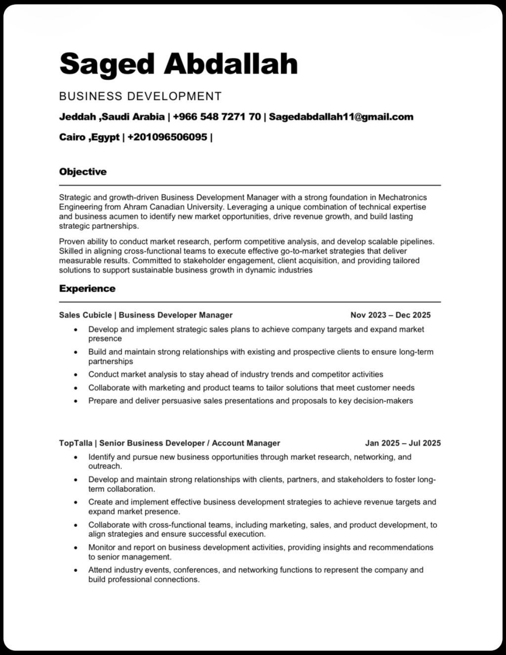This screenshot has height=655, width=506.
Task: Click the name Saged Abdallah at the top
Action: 178,64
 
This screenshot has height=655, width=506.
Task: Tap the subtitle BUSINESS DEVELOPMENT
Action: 140,96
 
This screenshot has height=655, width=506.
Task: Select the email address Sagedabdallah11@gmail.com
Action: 341,117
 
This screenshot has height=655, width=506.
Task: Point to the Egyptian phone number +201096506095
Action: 167,137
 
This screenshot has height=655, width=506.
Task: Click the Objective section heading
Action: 83,172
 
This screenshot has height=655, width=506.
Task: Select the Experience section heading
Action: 87,289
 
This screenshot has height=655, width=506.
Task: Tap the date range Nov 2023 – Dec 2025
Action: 390,315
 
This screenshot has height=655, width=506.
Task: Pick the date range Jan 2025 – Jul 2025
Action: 403,443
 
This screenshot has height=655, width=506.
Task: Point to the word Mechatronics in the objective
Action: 403,198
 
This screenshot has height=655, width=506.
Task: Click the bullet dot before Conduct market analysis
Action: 76,375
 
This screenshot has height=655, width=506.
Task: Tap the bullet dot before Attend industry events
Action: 76,570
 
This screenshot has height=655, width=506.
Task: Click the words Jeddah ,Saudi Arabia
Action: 112,117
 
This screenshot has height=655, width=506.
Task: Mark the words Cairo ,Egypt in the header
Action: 89,137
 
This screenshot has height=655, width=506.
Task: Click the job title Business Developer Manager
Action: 175,315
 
